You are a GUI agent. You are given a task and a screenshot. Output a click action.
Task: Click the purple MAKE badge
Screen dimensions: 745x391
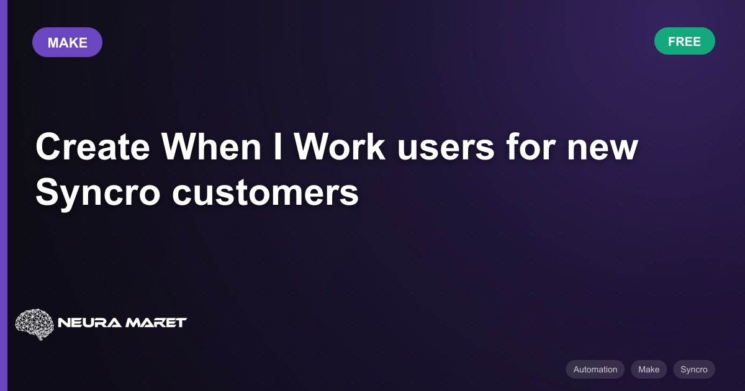[x=67, y=42]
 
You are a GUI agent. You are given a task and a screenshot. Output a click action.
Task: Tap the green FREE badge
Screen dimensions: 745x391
[x=684, y=41]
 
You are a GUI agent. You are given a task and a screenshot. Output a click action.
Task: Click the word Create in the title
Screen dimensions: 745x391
[x=93, y=146]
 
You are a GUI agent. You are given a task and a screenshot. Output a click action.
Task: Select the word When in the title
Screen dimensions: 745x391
[x=211, y=146]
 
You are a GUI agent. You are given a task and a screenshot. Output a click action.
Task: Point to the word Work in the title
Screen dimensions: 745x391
[x=340, y=146]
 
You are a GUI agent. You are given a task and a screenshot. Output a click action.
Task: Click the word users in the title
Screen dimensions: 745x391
[x=446, y=150]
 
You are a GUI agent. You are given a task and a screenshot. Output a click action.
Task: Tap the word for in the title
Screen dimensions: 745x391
[x=531, y=146]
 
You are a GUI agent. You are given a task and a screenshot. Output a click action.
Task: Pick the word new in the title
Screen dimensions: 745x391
[x=602, y=150]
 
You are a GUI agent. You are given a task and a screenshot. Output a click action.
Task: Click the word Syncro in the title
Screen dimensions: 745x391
[x=98, y=194]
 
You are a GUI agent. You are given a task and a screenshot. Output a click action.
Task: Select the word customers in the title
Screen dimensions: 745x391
[x=266, y=194]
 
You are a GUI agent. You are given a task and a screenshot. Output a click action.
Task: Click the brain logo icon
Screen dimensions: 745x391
[x=35, y=324]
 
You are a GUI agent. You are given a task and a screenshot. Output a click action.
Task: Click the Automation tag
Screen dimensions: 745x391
[x=595, y=369]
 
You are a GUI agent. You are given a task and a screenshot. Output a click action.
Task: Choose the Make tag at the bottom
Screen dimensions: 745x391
[x=649, y=369]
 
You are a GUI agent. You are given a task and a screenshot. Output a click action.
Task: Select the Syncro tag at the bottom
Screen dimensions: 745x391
[x=694, y=369]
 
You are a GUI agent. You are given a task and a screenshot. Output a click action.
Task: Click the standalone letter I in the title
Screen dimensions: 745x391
[x=278, y=146]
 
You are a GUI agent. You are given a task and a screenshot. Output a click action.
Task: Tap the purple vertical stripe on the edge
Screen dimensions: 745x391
[x=4, y=195]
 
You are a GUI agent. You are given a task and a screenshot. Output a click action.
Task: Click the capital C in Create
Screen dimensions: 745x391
[x=48, y=146]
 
